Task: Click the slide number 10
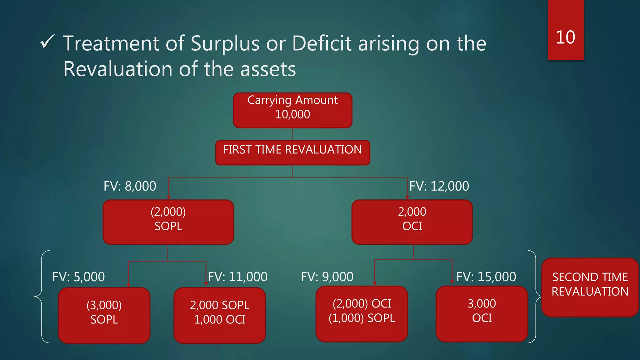click(x=565, y=37)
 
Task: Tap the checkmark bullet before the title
click(x=47, y=42)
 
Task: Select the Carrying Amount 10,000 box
click(x=292, y=110)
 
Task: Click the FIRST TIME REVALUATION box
click(x=292, y=152)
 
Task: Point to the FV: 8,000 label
click(x=130, y=186)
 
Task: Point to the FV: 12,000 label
click(x=439, y=186)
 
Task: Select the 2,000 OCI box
click(x=412, y=222)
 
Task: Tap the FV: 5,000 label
click(x=78, y=277)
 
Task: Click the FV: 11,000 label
click(x=238, y=277)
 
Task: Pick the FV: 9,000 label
click(x=327, y=277)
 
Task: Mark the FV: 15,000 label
click(x=486, y=277)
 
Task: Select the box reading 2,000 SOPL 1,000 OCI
click(x=219, y=315)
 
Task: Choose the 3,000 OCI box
click(x=482, y=314)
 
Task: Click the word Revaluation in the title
click(x=118, y=69)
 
